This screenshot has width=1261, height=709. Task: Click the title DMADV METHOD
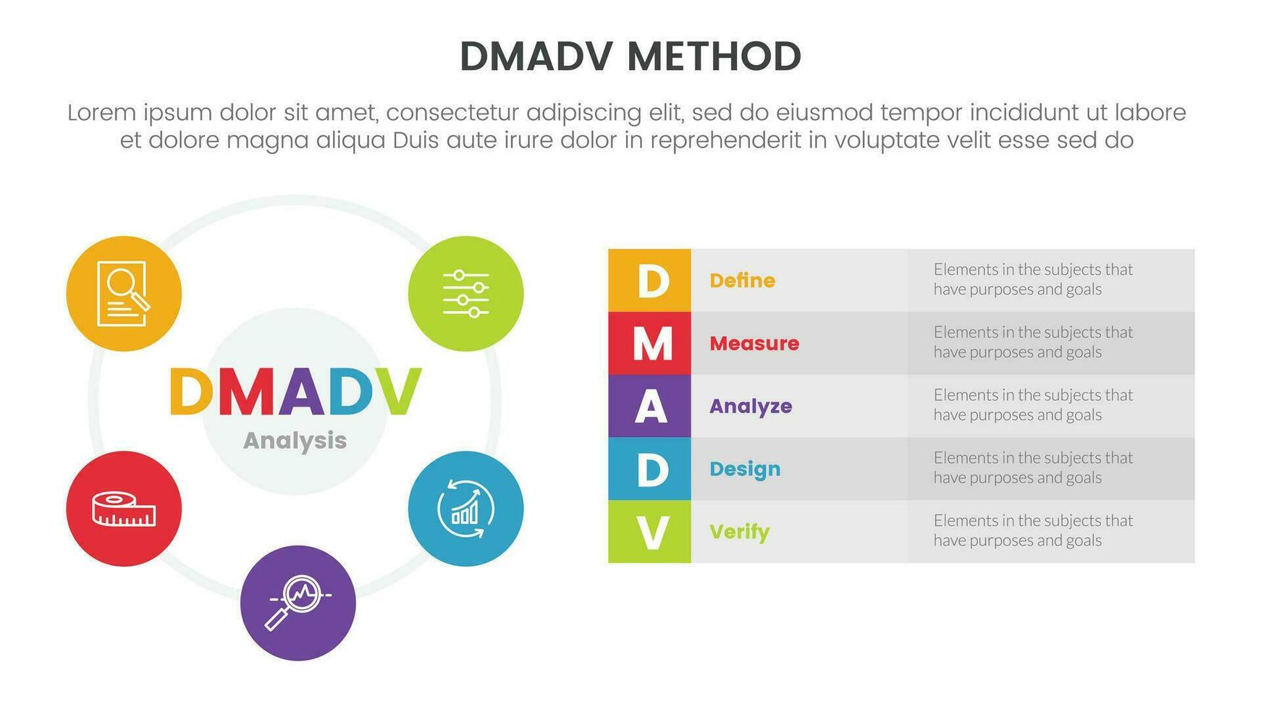click(x=630, y=56)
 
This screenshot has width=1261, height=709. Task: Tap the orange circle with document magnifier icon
click(x=124, y=294)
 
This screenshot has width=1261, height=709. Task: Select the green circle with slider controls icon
click(x=465, y=294)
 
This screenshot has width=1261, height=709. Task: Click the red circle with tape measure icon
click(x=124, y=509)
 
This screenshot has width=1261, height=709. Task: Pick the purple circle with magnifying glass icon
click(x=298, y=603)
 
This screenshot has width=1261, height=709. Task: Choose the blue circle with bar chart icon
click(x=465, y=509)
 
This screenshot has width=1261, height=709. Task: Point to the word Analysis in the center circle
click(x=295, y=441)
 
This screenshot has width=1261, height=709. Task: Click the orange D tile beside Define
click(x=649, y=281)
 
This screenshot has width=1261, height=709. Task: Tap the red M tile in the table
click(x=649, y=343)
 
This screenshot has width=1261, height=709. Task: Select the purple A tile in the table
click(x=649, y=406)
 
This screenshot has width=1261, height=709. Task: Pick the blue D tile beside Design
click(x=649, y=469)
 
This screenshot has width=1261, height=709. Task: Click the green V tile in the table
click(x=649, y=532)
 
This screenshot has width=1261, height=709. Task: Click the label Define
click(x=742, y=281)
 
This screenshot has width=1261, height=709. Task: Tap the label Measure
click(x=754, y=344)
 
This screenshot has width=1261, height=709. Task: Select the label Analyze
click(x=750, y=407)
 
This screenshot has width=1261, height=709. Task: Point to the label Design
click(x=744, y=470)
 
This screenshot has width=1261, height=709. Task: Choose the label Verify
click(x=739, y=532)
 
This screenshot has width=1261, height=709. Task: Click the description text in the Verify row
click(x=1032, y=530)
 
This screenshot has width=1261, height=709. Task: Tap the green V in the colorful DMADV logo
click(x=397, y=391)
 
